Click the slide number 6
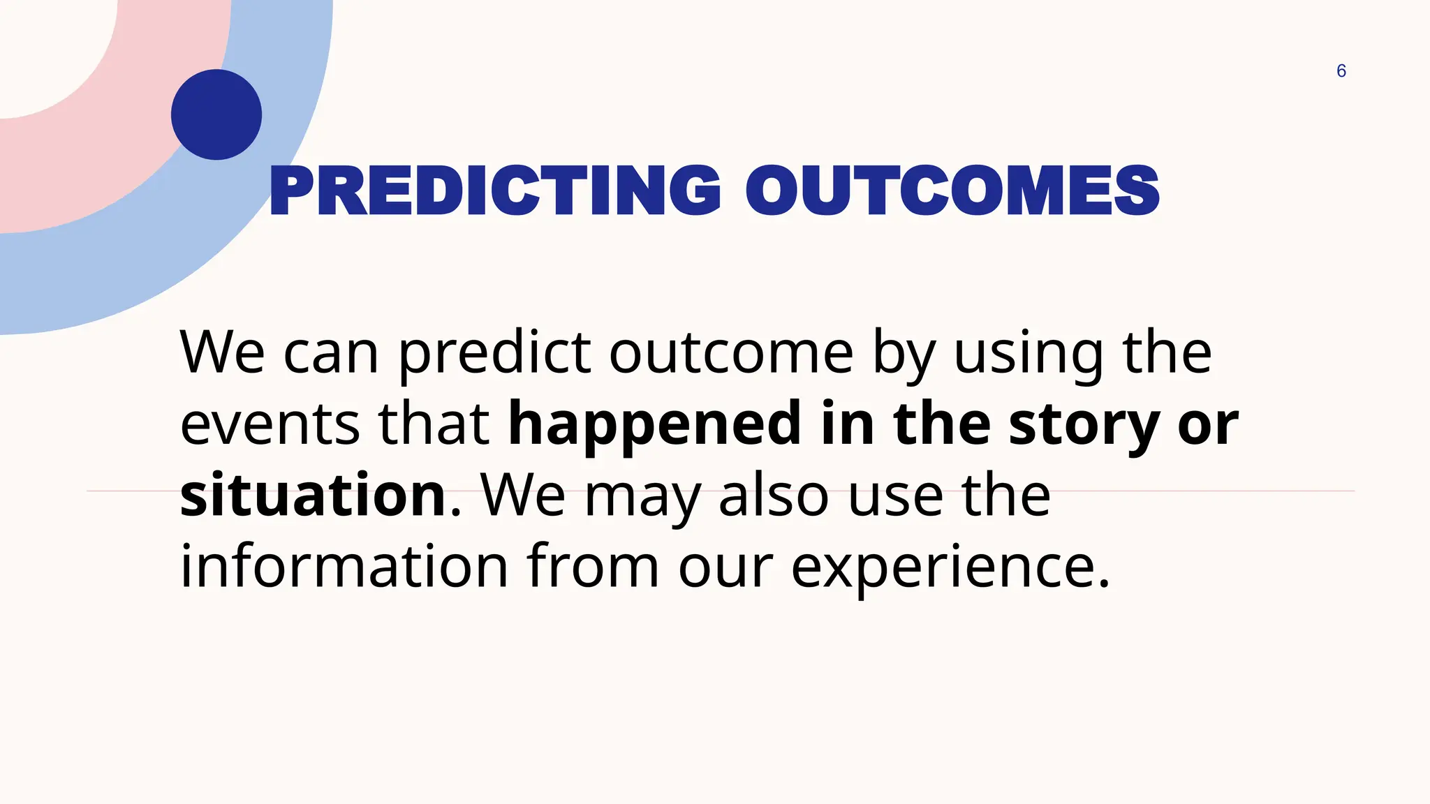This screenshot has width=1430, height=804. coord(1341,71)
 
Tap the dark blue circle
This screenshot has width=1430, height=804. coord(216,114)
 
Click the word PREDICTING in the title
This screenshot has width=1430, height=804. coord(494,191)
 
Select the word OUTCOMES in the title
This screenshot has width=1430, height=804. coord(952,191)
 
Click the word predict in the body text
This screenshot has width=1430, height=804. coord(494,355)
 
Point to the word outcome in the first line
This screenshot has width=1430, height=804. coord(730,353)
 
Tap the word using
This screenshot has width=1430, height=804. coord(1029,355)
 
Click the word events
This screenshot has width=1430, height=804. coord(270,424)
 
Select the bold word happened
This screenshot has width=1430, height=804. coord(654,424)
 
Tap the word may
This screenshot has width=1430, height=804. coord(642,497)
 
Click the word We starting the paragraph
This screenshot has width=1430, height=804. coord(222,353)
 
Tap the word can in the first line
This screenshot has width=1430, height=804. coord(331,355)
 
